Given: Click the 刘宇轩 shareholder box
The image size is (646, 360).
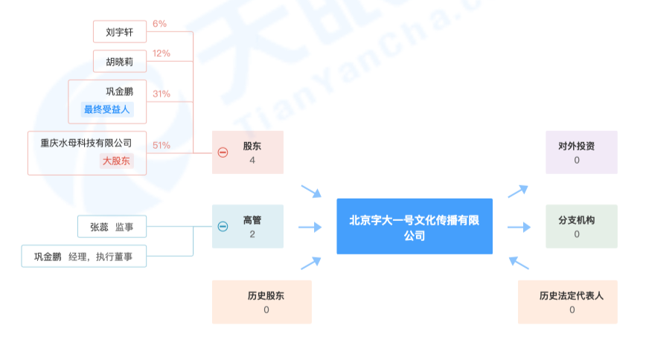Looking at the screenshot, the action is (x=120, y=32).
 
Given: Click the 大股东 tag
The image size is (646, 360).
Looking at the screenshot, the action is (x=116, y=161).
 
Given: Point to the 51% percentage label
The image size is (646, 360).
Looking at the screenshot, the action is (x=161, y=145).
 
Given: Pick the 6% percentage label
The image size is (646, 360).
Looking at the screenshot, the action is (x=159, y=24).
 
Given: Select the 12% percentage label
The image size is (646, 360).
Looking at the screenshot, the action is (x=161, y=54).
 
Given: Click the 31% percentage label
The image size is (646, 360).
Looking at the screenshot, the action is (x=161, y=94).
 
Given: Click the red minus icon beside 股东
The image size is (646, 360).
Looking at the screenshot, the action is (x=223, y=152).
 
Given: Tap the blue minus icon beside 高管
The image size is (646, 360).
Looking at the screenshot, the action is (x=223, y=227).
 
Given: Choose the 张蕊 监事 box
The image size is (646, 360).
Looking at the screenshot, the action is (x=112, y=227).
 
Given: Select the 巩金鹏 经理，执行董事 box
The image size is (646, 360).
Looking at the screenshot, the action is (x=84, y=257).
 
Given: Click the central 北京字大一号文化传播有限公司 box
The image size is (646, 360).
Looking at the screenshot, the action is (x=415, y=227).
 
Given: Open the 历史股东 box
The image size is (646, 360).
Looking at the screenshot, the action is (x=262, y=302).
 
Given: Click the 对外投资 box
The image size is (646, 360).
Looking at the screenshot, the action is (x=581, y=152).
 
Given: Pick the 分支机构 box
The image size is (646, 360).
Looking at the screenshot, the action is (x=581, y=227).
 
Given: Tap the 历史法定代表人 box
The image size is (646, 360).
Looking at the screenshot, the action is (x=568, y=302).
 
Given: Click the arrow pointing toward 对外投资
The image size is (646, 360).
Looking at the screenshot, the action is (x=518, y=191).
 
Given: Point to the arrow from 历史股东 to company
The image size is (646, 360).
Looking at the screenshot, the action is (x=311, y=263).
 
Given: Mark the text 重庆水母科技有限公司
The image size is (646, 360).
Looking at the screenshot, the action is (x=86, y=143).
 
